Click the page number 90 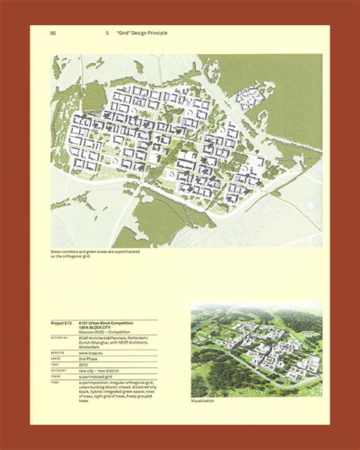click(53, 33)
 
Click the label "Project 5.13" click(64, 323)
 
